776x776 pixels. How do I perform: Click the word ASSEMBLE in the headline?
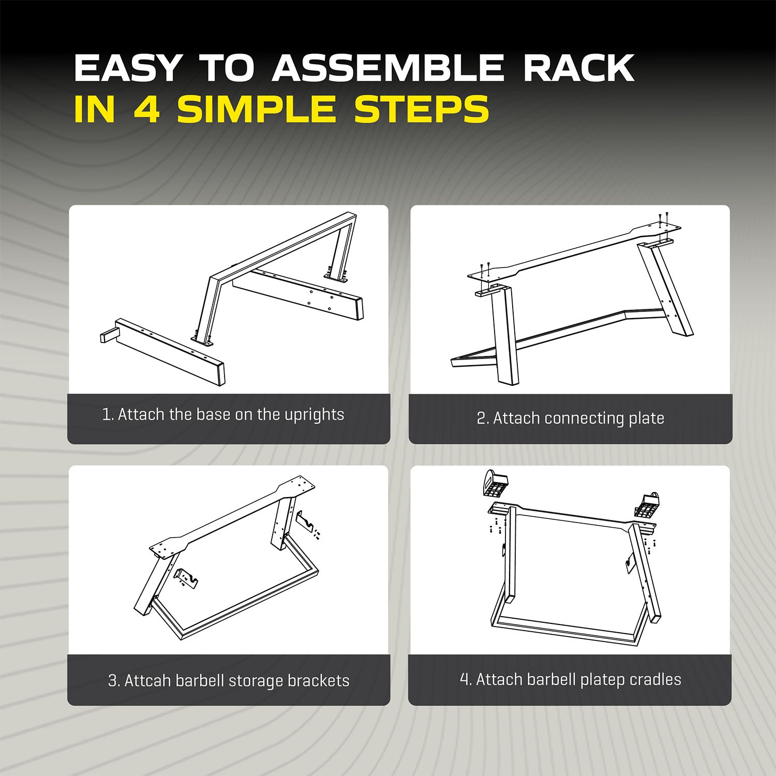387,68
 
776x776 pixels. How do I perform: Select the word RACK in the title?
579,68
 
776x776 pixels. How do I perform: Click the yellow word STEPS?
422,109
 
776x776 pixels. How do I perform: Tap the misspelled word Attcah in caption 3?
147,680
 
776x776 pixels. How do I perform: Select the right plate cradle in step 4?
648,504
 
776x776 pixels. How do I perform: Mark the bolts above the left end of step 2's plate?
484,270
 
